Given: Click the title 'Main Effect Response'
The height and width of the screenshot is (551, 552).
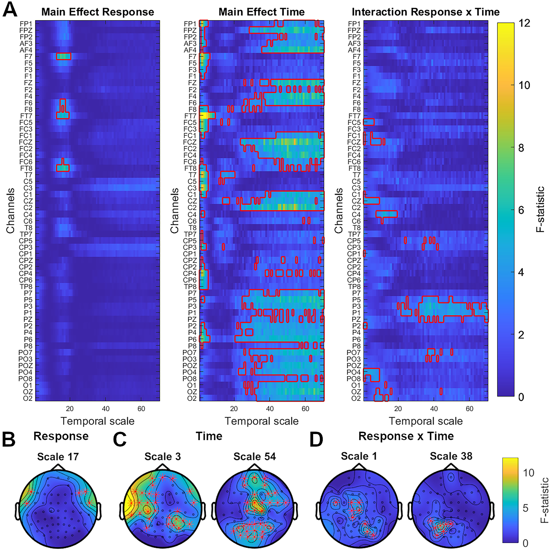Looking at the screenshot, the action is coord(98,12).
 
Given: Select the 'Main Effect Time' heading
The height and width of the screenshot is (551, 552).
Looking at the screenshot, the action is coord(262,12).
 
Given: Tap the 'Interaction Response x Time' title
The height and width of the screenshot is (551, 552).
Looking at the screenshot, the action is coord(426,12).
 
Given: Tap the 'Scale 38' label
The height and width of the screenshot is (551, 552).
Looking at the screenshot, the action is coord(451,456).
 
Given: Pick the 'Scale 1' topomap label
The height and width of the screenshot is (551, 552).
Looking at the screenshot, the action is coord(359,456).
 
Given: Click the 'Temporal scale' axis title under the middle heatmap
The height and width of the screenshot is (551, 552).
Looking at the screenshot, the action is coord(262,421).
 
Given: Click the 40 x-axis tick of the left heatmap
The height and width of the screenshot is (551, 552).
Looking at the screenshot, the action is coord(105,409).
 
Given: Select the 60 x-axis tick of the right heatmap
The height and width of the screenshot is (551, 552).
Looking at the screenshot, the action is coord(469,409).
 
